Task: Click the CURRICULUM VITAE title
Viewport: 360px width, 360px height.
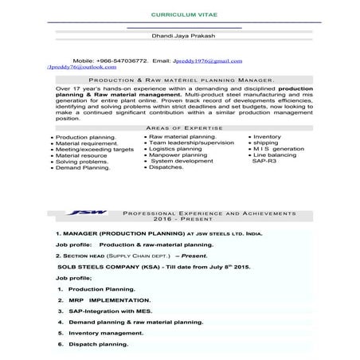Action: (180, 16)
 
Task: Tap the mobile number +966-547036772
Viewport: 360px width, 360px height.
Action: (121, 61)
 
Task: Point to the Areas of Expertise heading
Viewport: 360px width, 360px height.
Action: (179, 127)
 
